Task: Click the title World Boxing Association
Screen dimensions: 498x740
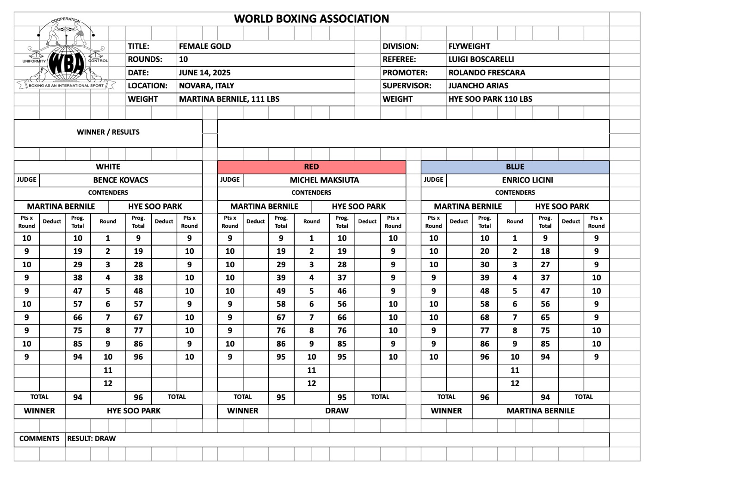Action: pyautogui.click(x=311, y=19)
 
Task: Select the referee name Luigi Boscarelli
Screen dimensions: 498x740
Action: pyautogui.click(x=481, y=59)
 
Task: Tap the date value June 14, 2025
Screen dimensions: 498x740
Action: pyautogui.click(x=204, y=73)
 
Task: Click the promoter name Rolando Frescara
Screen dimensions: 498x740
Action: pyautogui.click(x=487, y=73)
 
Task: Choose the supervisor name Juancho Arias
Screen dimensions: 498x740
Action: pyautogui.click(x=478, y=86)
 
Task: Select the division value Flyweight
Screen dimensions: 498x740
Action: pyautogui.click(x=469, y=46)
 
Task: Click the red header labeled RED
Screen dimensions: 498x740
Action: pyautogui.click(x=311, y=167)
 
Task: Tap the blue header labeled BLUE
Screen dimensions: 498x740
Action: pyautogui.click(x=515, y=167)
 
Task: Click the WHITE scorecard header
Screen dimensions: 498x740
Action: pyautogui.click(x=108, y=167)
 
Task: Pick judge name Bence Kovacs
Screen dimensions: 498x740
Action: pyautogui.click(x=121, y=180)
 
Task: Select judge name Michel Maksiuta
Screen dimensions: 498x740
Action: pyautogui.click(x=324, y=180)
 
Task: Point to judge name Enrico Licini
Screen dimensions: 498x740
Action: pyautogui.click(x=528, y=180)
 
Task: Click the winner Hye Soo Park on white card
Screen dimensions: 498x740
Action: pyautogui.click(x=134, y=411)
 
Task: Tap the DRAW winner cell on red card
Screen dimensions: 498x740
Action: pyautogui.click(x=337, y=411)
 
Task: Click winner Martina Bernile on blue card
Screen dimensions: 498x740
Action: pyautogui.click(x=540, y=411)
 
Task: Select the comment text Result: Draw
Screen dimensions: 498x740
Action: pyautogui.click(x=92, y=438)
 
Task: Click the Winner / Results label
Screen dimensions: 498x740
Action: pyautogui.click(x=108, y=132)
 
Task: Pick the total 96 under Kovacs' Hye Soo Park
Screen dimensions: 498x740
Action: pyautogui.click(x=138, y=397)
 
